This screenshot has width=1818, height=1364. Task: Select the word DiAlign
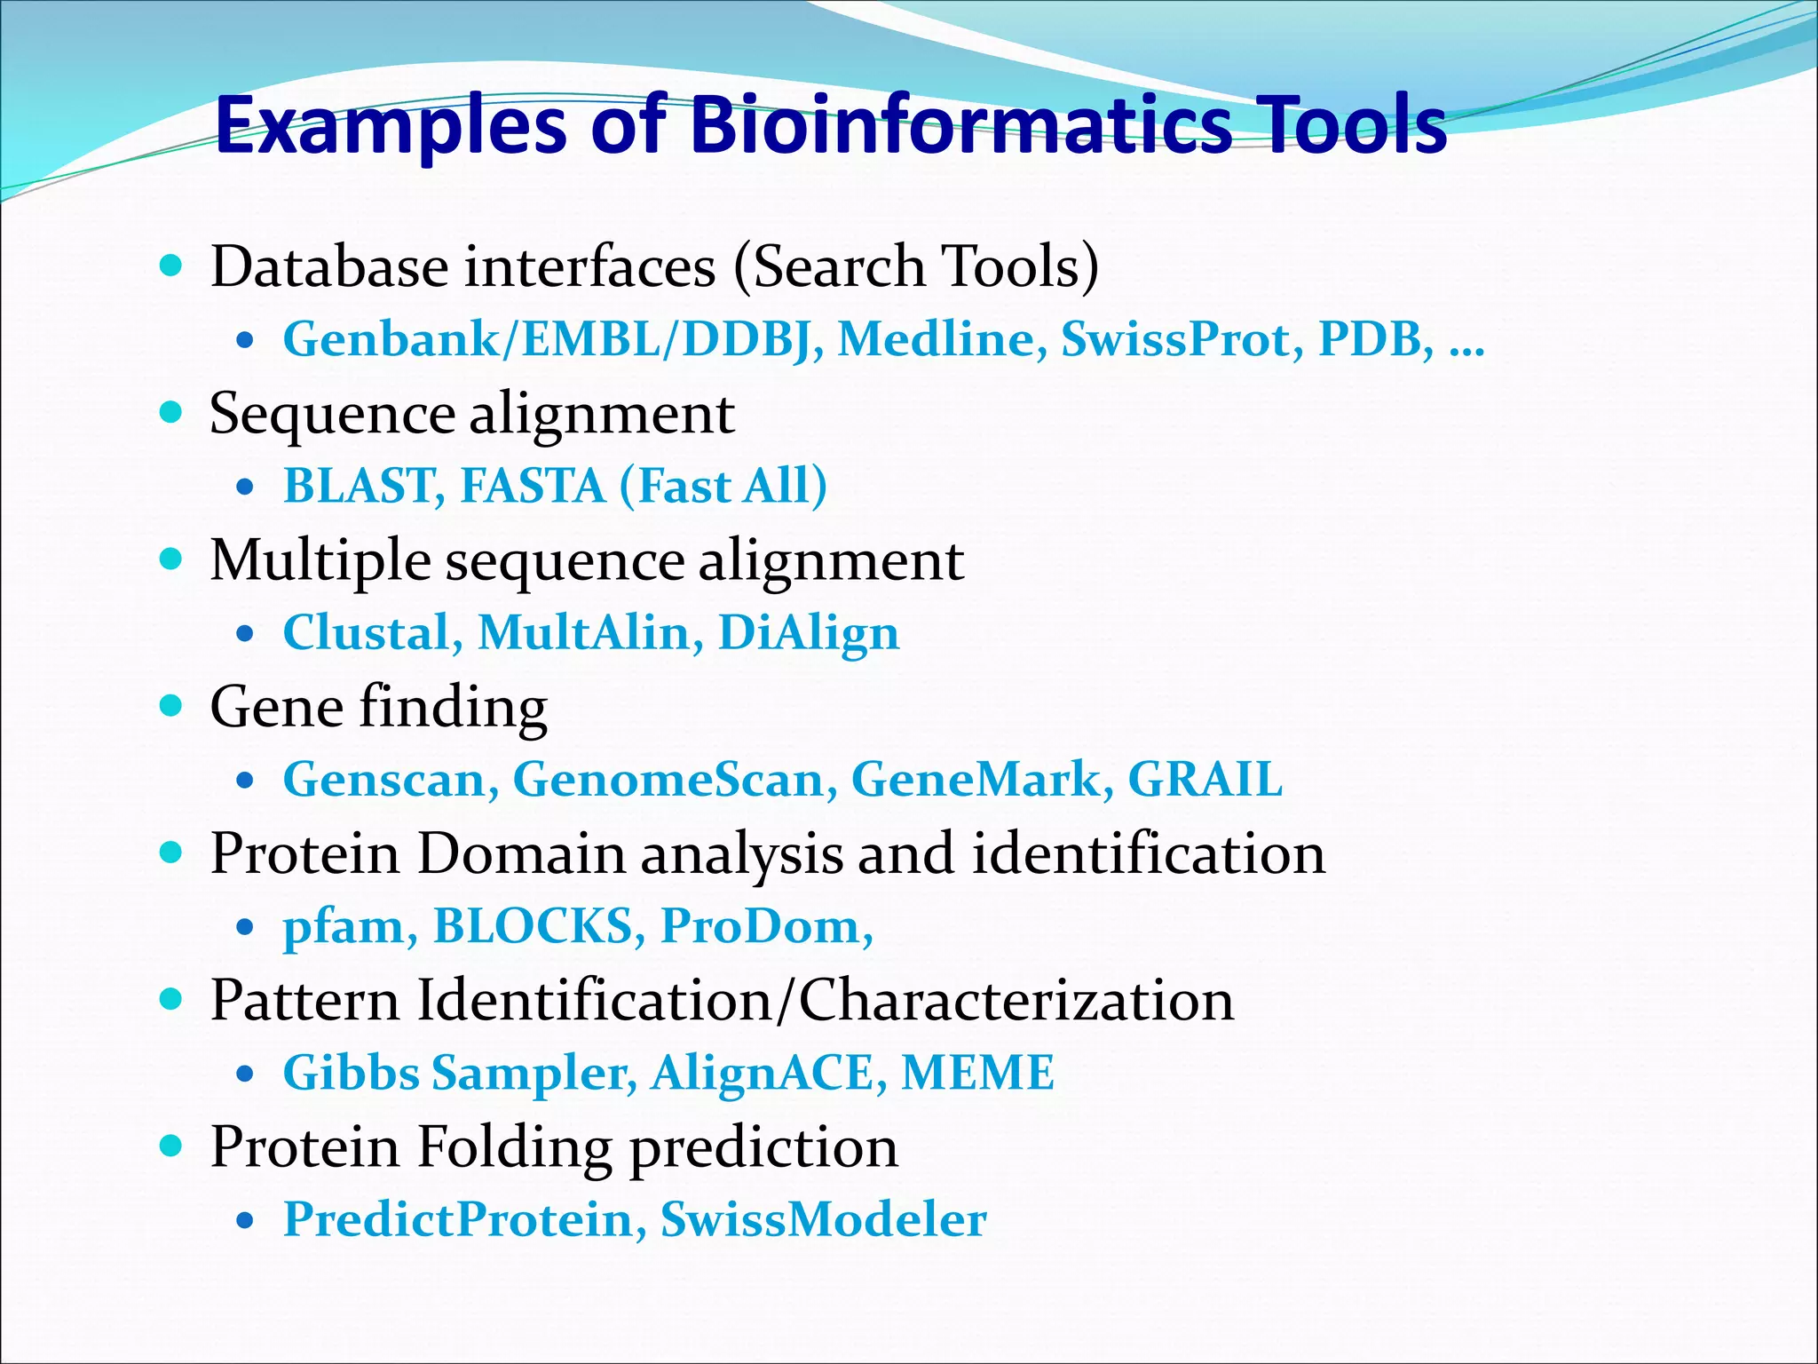pyautogui.click(x=809, y=633)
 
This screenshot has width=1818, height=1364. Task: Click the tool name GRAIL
pyautogui.click(x=1205, y=780)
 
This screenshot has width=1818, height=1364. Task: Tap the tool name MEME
pyautogui.click(x=977, y=1073)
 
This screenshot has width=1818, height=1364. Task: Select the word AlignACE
pyautogui.click(x=768, y=1073)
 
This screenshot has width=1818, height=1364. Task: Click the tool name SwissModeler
pyautogui.click(x=823, y=1219)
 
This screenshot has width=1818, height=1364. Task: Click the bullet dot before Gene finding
pyautogui.click(x=170, y=707)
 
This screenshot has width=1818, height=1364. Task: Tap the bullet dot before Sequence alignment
pyautogui.click(x=170, y=413)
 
